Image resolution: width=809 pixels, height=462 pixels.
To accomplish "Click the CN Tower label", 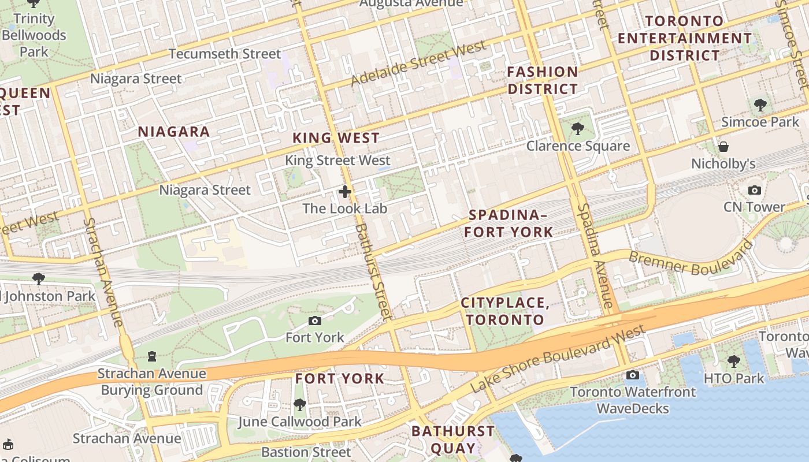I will pyautogui.click(x=754, y=207).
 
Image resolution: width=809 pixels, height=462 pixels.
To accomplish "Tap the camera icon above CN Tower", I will pyautogui.click(x=754, y=190).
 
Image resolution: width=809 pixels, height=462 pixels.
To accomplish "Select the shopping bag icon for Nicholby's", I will pyautogui.click(x=723, y=147).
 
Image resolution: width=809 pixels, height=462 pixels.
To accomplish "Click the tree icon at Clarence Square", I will pyautogui.click(x=577, y=128).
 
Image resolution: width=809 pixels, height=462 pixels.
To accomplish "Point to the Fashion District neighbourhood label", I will pyautogui.click(x=542, y=80).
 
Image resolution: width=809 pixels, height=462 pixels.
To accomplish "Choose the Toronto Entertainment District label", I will pyautogui.click(x=685, y=38).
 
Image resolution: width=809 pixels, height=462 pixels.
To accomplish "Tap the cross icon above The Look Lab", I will pyautogui.click(x=345, y=191).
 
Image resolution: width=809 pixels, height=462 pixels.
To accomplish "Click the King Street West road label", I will pyautogui.click(x=337, y=161).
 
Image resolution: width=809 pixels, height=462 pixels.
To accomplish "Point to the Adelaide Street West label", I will pyautogui.click(x=418, y=63).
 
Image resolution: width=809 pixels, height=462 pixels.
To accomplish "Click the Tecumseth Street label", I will pyautogui.click(x=224, y=54).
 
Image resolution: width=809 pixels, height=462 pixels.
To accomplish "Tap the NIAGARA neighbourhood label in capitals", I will pyautogui.click(x=173, y=132).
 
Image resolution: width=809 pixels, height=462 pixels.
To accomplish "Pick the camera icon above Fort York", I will pyautogui.click(x=315, y=321).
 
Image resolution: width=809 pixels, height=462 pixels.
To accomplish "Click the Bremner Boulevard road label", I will pyautogui.click(x=690, y=259).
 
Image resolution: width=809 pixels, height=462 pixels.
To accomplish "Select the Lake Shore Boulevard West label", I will pyautogui.click(x=557, y=359).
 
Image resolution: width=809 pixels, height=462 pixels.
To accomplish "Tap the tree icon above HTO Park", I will pyautogui.click(x=733, y=362).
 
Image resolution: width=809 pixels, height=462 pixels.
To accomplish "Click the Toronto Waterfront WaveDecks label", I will pyautogui.click(x=633, y=400).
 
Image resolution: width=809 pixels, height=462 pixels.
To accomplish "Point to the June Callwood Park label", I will pyautogui.click(x=299, y=422).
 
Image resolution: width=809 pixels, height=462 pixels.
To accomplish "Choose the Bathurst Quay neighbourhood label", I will pyautogui.click(x=453, y=439).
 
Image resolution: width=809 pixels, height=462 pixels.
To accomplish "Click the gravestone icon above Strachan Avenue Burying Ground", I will pyautogui.click(x=152, y=356).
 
